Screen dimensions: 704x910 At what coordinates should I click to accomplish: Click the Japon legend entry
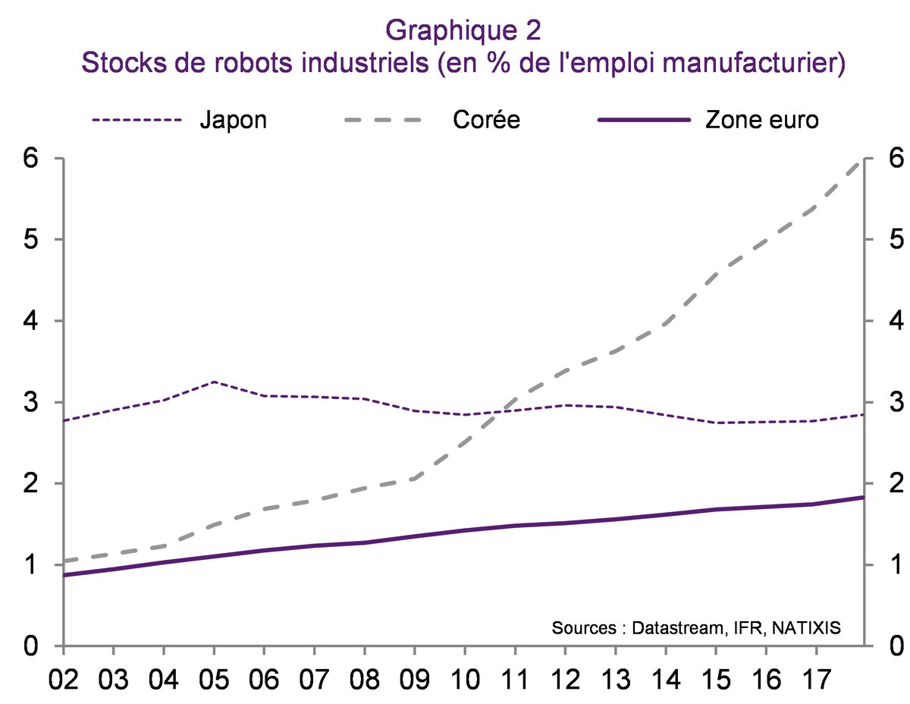tap(234, 120)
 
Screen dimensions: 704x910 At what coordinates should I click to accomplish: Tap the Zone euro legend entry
tap(761, 120)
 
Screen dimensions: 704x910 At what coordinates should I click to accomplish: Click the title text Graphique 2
tap(463, 30)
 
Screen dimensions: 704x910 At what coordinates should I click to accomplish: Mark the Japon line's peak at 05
tap(215, 382)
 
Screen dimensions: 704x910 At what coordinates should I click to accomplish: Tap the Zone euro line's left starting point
tap(64, 575)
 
